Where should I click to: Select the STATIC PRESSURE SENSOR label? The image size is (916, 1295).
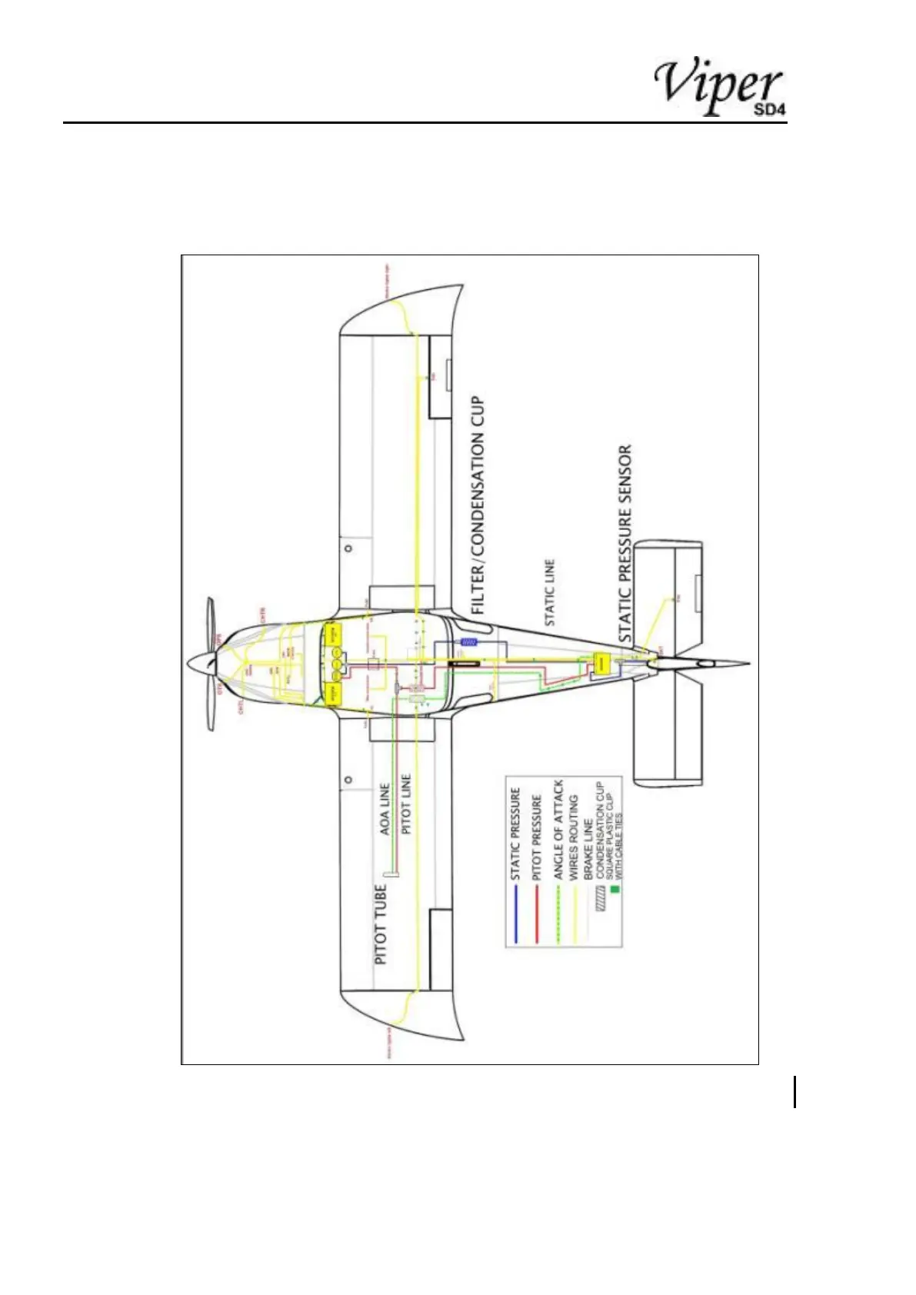[x=625, y=544]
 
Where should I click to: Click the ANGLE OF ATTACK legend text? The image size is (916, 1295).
[x=558, y=830]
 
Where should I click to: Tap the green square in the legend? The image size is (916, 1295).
[x=613, y=891]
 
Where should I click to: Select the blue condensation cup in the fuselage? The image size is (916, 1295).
[x=467, y=641]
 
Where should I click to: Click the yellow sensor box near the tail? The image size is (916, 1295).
[x=601, y=663]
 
